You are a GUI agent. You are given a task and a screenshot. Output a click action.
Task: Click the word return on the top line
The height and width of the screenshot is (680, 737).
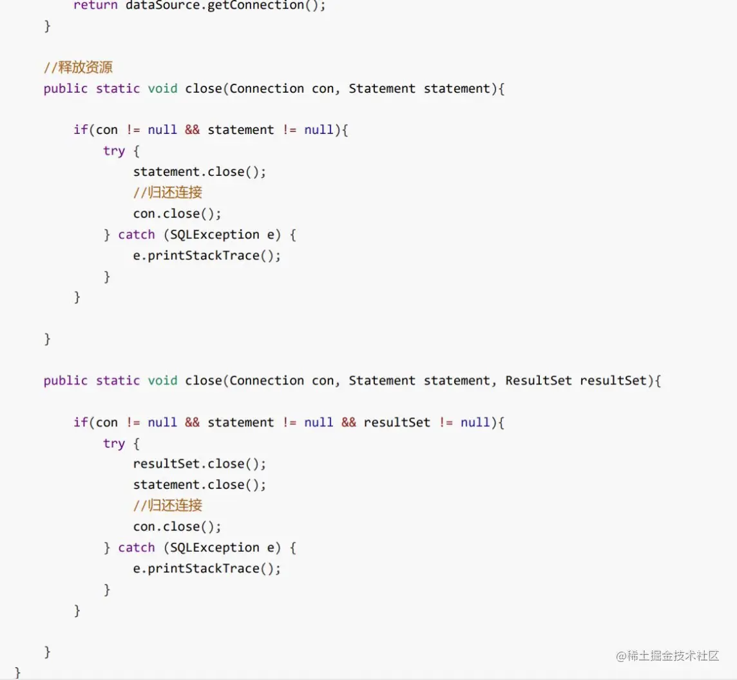pos(95,5)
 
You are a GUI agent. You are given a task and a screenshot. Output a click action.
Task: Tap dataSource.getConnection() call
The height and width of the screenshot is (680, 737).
pos(222,5)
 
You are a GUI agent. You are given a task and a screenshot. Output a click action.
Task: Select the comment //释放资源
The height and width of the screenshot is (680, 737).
pos(78,67)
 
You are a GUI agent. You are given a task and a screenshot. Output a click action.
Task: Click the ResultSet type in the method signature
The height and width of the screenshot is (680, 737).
pos(538,380)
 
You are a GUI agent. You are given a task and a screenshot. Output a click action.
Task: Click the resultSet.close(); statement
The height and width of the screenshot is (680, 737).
pos(199,464)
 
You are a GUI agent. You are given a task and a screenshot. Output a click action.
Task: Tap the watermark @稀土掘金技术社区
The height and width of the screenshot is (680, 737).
pos(667,656)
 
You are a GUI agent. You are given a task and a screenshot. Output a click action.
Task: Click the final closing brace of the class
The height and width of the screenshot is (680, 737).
pos(17,672)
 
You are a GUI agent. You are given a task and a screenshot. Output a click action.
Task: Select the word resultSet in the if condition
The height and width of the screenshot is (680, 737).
pos(397,422)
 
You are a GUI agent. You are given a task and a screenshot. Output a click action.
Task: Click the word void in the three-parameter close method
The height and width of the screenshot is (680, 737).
pos(162,380)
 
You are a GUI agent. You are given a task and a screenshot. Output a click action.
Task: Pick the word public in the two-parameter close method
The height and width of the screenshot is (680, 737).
pos(65,89)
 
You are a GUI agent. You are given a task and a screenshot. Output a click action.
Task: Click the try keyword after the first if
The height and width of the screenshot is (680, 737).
pos(114,151)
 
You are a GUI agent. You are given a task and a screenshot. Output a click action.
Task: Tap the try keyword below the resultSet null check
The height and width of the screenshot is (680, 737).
pos(114,444)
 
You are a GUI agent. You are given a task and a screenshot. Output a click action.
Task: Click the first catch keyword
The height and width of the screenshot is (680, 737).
pos(137,234)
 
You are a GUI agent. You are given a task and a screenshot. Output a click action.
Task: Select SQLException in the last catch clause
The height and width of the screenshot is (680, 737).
pos(215,547)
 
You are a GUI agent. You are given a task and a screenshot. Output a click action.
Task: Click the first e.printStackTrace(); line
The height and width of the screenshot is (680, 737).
pos(207,256)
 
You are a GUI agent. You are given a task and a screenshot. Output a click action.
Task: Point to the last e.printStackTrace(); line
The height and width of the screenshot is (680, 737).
pos(207,569)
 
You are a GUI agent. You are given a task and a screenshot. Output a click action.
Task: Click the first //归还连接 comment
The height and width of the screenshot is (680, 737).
pos(167,192)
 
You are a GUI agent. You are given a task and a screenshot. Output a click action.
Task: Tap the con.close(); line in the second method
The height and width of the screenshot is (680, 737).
pos(177,527)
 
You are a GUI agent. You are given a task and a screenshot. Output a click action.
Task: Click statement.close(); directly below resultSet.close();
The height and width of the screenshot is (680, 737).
pos(199,485)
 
